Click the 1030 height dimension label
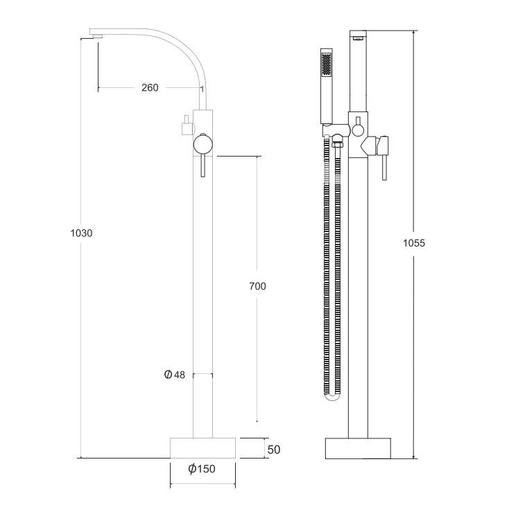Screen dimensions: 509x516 (81, 233)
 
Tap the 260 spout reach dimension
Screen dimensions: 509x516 (150, 87)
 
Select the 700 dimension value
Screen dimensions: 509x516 (257, 286)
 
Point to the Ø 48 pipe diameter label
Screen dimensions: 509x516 (175, 375)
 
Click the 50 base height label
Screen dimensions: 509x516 (274, 450)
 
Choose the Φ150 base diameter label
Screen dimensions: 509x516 (202, 469)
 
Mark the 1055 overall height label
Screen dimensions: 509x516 (414, 243)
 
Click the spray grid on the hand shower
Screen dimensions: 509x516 (326, 64)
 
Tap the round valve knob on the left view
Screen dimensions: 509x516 (203, 145)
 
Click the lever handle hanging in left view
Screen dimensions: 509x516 (203, 166)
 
